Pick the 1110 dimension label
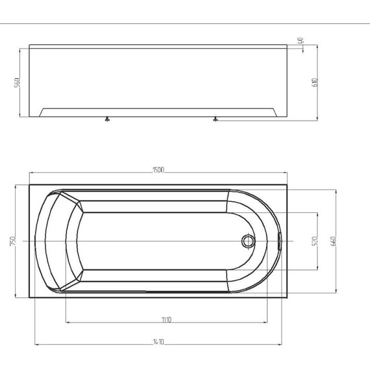tap(167, 320)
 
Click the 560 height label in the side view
tap(18, 83)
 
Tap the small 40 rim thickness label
tap(300, 40)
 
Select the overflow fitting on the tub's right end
tap(278, 241)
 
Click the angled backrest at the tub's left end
tap(71, 241)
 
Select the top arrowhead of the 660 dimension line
tap(337, 191)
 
